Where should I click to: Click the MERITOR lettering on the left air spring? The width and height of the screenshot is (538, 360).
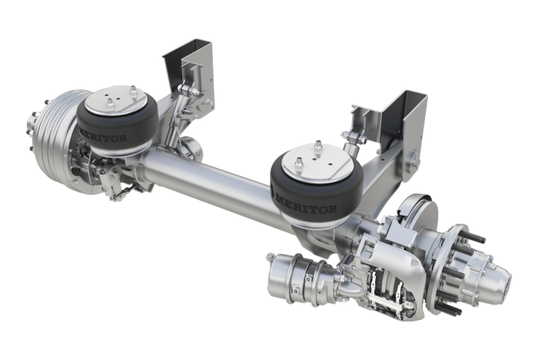tap(103, 135)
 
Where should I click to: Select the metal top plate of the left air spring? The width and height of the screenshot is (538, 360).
tap(116, 99)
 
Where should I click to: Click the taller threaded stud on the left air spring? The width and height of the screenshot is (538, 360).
tap(132, 92)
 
